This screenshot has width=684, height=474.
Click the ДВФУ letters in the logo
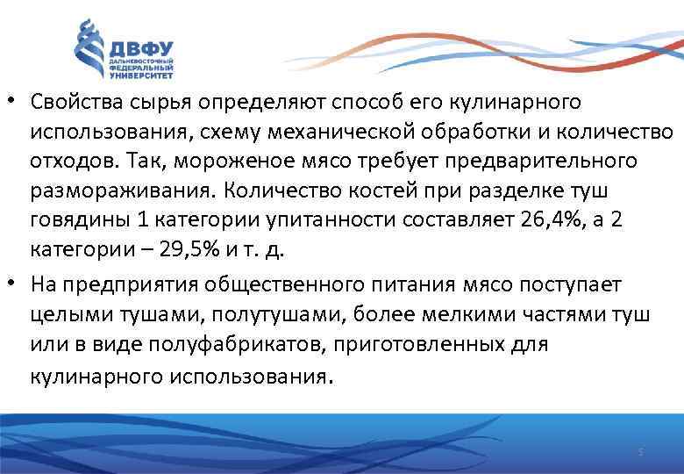pyautogui.click(x=140, y=48)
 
